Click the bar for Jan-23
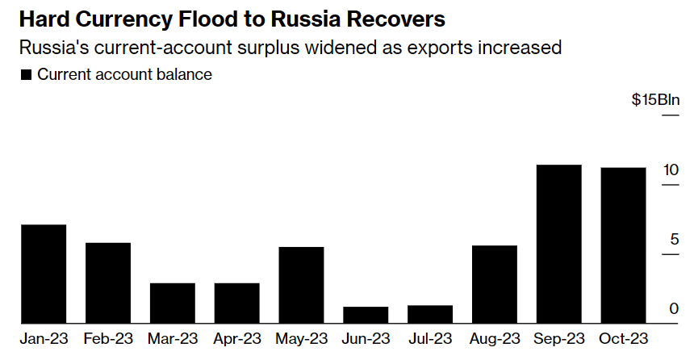tap(44, 274)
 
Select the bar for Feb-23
tap(108, 283)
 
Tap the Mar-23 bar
tap(173, 303)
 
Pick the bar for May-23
tap(301, 285)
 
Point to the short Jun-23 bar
tap(366, 315)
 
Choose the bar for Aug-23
tap(495, 284)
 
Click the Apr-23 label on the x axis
tap(236, 337)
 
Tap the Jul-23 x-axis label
tap(430, 337)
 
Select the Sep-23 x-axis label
tap(558, 337)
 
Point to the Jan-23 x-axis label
tap(44, 337)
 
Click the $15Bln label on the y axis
tap(656, 100)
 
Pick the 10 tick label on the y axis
tap(671, 170)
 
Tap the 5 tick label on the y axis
tap(674, 240)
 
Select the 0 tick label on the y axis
tap(674, 309)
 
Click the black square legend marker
tap(25, 75)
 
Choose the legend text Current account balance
tap(124, 75)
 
